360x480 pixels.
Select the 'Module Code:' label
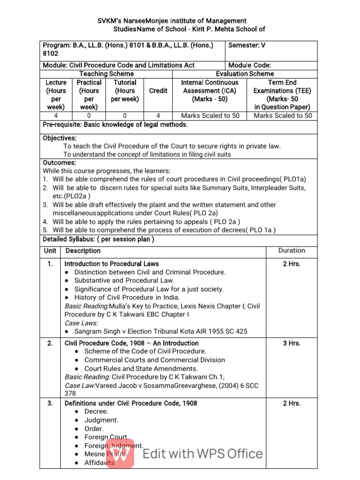click(x=250, y=65)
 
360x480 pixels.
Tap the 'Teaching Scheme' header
click(x=106, y=74)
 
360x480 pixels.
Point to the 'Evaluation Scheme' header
click(x=245, y=74)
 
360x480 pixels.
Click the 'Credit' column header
click(x=158, y=90)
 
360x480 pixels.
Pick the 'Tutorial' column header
click(x=125, y=82)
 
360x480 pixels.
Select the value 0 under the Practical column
click(x=89, y=116)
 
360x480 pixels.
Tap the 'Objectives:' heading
click(x=60, y=138)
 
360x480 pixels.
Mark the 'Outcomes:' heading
click(x=60, y=163)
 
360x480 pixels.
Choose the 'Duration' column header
click(x=292, y=251)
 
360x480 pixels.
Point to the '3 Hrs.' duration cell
click(x=292, y=343)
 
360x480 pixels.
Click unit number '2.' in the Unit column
click(x=50, y=343)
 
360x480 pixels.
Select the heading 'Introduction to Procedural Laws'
click(x=112, y=264)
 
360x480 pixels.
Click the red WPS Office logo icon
click(x=120, y=453)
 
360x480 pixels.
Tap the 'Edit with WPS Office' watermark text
click(x=202, y=454)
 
